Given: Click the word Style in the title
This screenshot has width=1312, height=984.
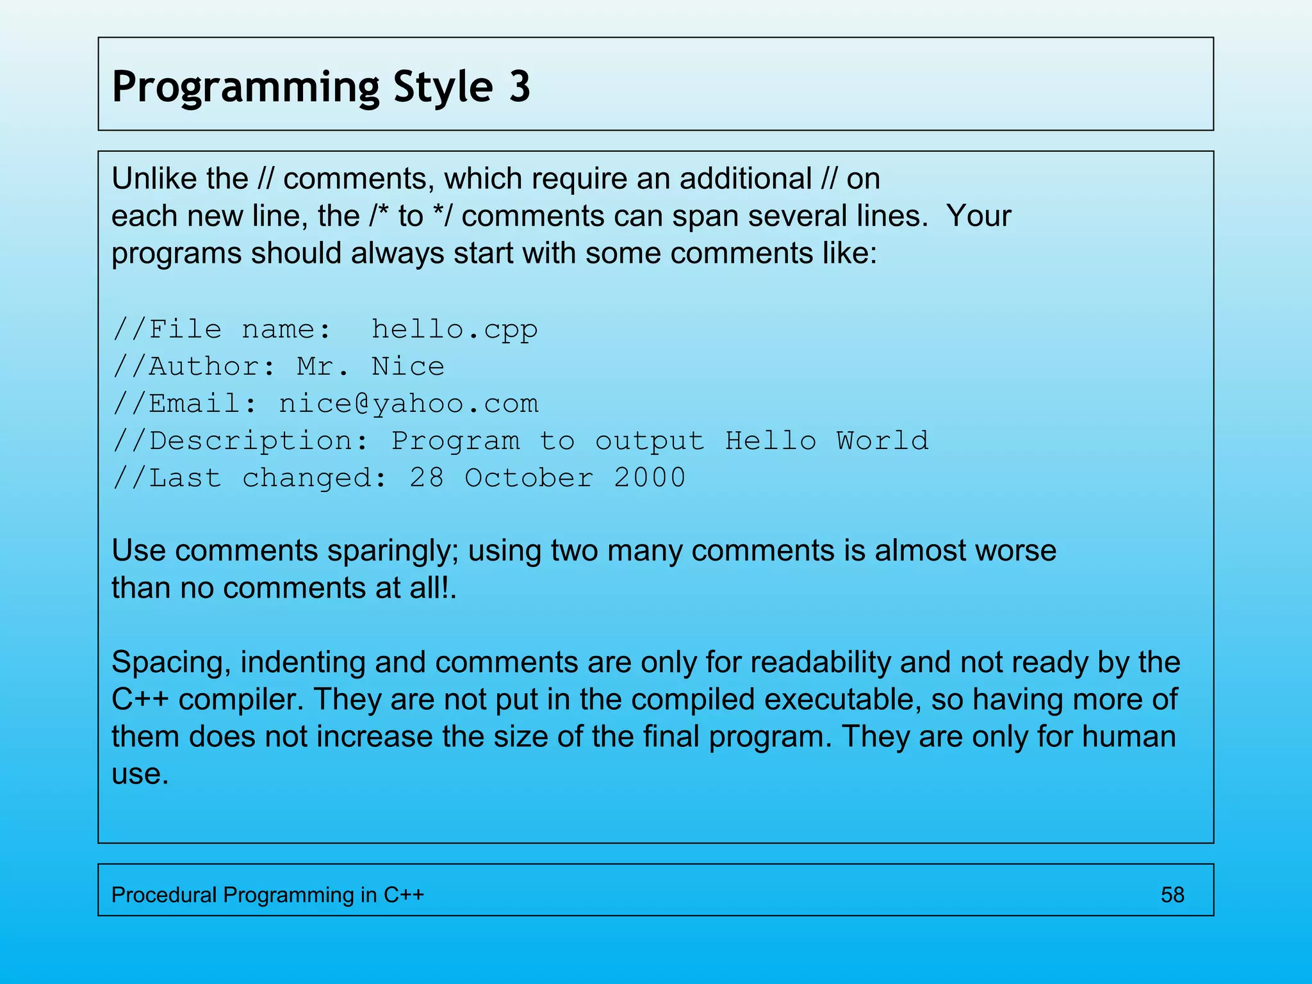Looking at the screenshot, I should (443, 88).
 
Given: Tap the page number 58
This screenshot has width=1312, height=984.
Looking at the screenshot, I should (1172, 895).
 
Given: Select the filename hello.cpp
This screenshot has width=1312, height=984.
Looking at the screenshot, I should (454, 329).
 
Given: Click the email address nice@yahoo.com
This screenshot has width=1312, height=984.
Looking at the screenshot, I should (409, 404).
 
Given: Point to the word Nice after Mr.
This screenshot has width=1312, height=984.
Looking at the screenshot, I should (407, 366).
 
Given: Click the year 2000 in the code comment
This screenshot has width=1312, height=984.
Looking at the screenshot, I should (650, 478).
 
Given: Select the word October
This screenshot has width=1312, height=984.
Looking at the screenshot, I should (529, 478).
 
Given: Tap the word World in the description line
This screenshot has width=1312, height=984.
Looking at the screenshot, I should (882, 441).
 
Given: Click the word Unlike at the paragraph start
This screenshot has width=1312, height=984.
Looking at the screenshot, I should (148, 178).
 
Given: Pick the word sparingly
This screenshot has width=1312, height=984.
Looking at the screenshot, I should (393, 551).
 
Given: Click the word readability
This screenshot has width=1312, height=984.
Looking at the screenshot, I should (820, 662).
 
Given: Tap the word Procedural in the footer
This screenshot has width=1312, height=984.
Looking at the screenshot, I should (164, 895).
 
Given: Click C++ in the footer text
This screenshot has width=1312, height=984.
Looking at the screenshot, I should (404, 895).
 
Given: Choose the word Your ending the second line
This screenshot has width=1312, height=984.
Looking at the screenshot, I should (979, 216).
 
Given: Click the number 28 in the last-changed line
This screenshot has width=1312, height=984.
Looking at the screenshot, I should (427, 478).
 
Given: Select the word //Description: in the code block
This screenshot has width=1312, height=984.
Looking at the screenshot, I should (241, 441).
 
